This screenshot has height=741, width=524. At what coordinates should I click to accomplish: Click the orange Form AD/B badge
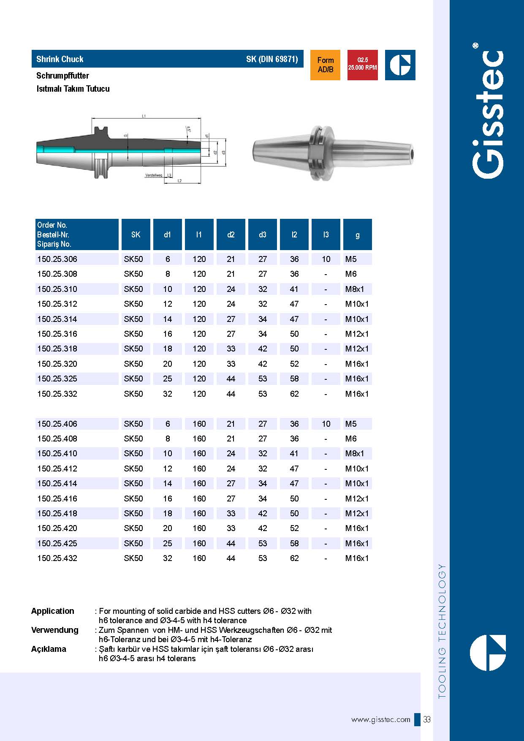pyautogui.click(x=325, y=65)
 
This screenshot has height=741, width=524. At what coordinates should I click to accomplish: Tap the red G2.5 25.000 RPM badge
pyautogui.click(x=362, y=65)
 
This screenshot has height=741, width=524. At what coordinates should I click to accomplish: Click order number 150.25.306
pyautogui.click(x=57, y=259)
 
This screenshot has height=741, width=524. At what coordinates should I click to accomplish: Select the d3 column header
pyautogui.click(x=263, y=234)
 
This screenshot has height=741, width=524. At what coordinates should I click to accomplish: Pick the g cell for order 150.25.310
pyautogui.click(x=354, y=289)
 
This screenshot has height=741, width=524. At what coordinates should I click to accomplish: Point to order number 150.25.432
pyautogui.click(x=57, y=558)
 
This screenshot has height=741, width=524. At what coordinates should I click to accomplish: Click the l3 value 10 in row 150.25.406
pyautogui.click(x=326, y=424)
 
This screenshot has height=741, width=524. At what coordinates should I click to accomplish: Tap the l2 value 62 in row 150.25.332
pyautogui.click(x=294, y=394)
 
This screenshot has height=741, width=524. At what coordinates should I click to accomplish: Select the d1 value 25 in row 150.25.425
pyautogui.click(x=168, y=543)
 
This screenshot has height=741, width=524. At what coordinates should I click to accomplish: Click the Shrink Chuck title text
pyautogui.click(x=60, y=59)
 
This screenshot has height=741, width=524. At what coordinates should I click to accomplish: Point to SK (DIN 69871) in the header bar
pyautogui.click(x=272, y=59)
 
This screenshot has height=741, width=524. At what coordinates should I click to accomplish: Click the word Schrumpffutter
pyautogui.click(x=62, y=76)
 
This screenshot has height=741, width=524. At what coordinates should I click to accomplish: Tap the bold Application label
pyautogui.click(x=52, y=611)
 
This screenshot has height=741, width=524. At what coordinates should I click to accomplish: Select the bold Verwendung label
pyautogui.click(x=54, y=630)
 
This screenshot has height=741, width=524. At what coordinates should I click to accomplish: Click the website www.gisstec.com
pyautogui.click(x=380, y=719)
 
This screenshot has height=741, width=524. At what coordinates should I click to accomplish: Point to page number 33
pyautogui.click(x=427, y=719)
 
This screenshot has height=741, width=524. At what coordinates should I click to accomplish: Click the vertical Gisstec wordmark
pyautogui.click(x=488, y=114)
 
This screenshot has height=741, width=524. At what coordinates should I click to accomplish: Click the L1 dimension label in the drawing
pyautogui.click(x=144, y=116)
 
